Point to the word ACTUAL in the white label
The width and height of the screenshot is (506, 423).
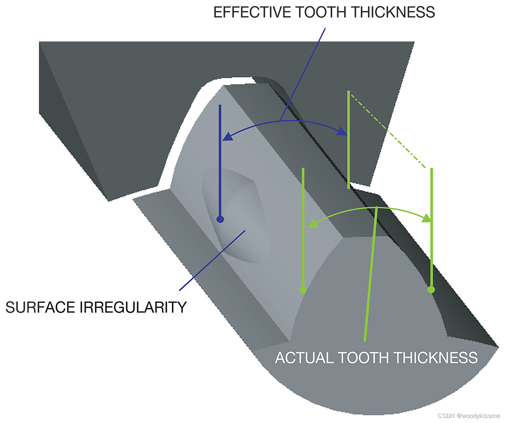click(304, 358)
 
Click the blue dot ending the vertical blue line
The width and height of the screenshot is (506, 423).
click(220, 219)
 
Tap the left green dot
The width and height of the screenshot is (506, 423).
click(303, 289)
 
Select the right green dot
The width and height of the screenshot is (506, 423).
click(431, 289)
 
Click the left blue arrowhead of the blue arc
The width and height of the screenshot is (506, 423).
click(228, 136)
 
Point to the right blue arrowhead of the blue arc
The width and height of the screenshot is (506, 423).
click(342, 131)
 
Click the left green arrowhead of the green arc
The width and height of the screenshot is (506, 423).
click(313, 224)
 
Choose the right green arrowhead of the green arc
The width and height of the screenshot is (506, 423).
click(426, 218)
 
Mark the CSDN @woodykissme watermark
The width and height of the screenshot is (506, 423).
click(469, 416)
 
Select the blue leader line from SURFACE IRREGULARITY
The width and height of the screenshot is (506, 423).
click(212, 260)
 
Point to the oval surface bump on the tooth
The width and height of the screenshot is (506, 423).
click(235, 216)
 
